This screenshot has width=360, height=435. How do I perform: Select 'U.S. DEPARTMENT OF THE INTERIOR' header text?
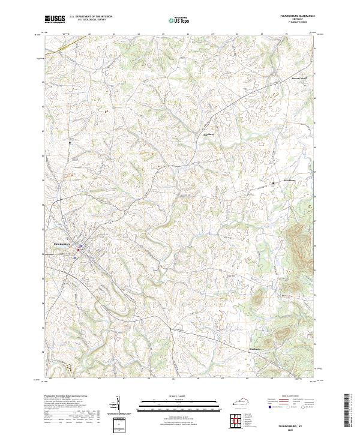click(91, 16)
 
